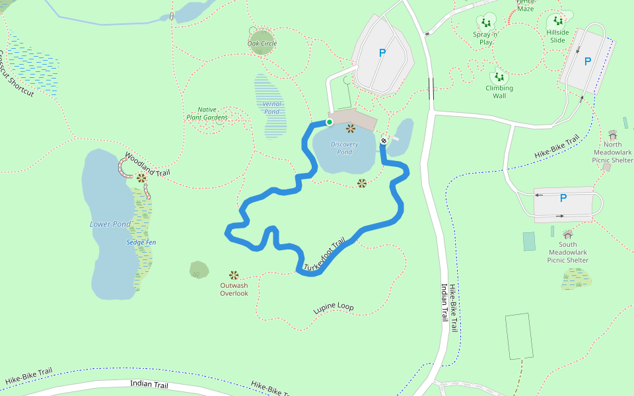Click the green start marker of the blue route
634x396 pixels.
click(x=329, y=122)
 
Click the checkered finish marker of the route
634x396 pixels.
click(x=384, y=140)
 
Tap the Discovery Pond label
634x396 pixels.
click(x=345, y=148)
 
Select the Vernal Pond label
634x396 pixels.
click(x=271, y=108)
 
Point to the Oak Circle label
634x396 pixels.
click(x=262, y=44)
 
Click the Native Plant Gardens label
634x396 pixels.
click(x=207, y=114)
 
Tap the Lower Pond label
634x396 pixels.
click(x=110, y=224)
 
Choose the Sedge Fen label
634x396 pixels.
click(x=141, y=242)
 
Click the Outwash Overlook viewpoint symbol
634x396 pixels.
click(x=233, y=275)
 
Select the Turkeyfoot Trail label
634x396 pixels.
click(x=325, y=255)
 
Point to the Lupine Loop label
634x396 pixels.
click(x=334, y=308)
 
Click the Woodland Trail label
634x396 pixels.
click(x=147, y=164)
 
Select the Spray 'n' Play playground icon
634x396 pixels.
click(x=486, y=22)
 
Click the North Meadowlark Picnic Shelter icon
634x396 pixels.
click(x=612, y=135)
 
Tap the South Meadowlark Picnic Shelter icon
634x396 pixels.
click(x=568, y=234)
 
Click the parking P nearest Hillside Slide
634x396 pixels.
click(x=588, y=61)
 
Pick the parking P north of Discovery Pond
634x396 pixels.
click(x=382, y=53)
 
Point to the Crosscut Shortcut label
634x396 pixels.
click(x=17, y=74)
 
